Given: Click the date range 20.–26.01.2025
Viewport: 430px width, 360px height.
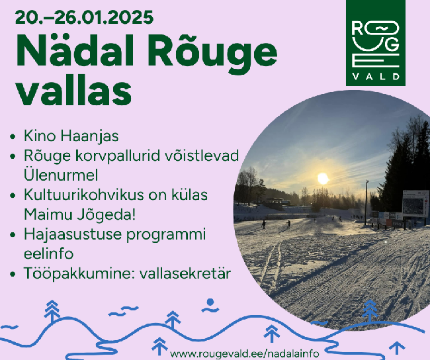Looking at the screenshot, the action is (84, 18).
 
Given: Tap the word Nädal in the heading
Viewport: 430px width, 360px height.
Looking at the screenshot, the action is (75, 51).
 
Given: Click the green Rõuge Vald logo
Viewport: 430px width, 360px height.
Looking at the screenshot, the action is (376, 43).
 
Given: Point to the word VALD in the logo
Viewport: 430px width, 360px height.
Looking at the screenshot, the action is (376, 76).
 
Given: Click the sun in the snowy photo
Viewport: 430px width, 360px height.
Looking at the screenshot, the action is (323, 179).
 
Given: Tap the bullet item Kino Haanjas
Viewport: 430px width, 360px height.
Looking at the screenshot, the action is (71, 136).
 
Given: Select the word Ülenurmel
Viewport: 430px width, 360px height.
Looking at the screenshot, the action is (61, 175).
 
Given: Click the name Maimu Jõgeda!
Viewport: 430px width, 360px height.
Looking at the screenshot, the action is (80, 214).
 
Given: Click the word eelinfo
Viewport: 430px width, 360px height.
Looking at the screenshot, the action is (49, 253).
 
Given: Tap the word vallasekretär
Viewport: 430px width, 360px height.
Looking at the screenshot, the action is (185, 273).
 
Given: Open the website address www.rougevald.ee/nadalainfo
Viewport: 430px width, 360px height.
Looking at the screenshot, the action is (244, 353).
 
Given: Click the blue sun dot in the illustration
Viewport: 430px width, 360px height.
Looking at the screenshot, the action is (210, 302).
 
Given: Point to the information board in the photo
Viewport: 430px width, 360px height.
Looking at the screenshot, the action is (415, 203).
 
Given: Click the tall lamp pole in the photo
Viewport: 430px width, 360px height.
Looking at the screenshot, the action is (366, 203).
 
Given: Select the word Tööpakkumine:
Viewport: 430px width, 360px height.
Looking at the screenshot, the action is (80, 273).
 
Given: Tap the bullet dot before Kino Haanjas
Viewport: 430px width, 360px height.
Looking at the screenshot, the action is (13, 136).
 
